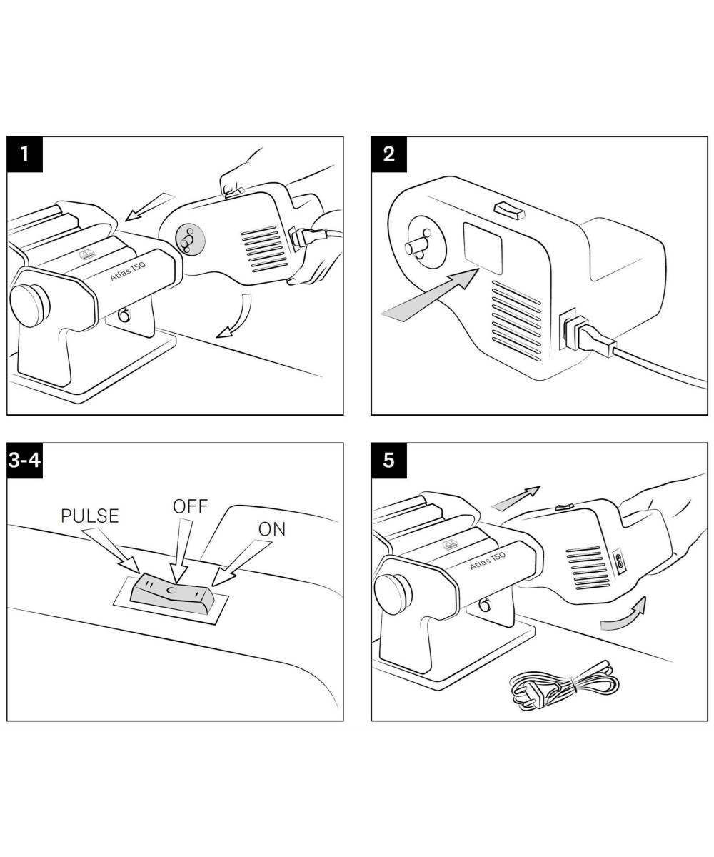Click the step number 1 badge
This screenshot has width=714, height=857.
click(x=25, y=154)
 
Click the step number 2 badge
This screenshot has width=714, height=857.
click(x=389, y=154)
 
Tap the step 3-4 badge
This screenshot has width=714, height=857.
click(x=25, y=461)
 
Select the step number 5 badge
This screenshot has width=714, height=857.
click(x=389, y=461)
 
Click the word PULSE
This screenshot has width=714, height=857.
click(x=89, y=516)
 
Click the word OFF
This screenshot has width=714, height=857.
click(x=190, y=506)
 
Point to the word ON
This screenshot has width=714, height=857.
click(x=272, y=529)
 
